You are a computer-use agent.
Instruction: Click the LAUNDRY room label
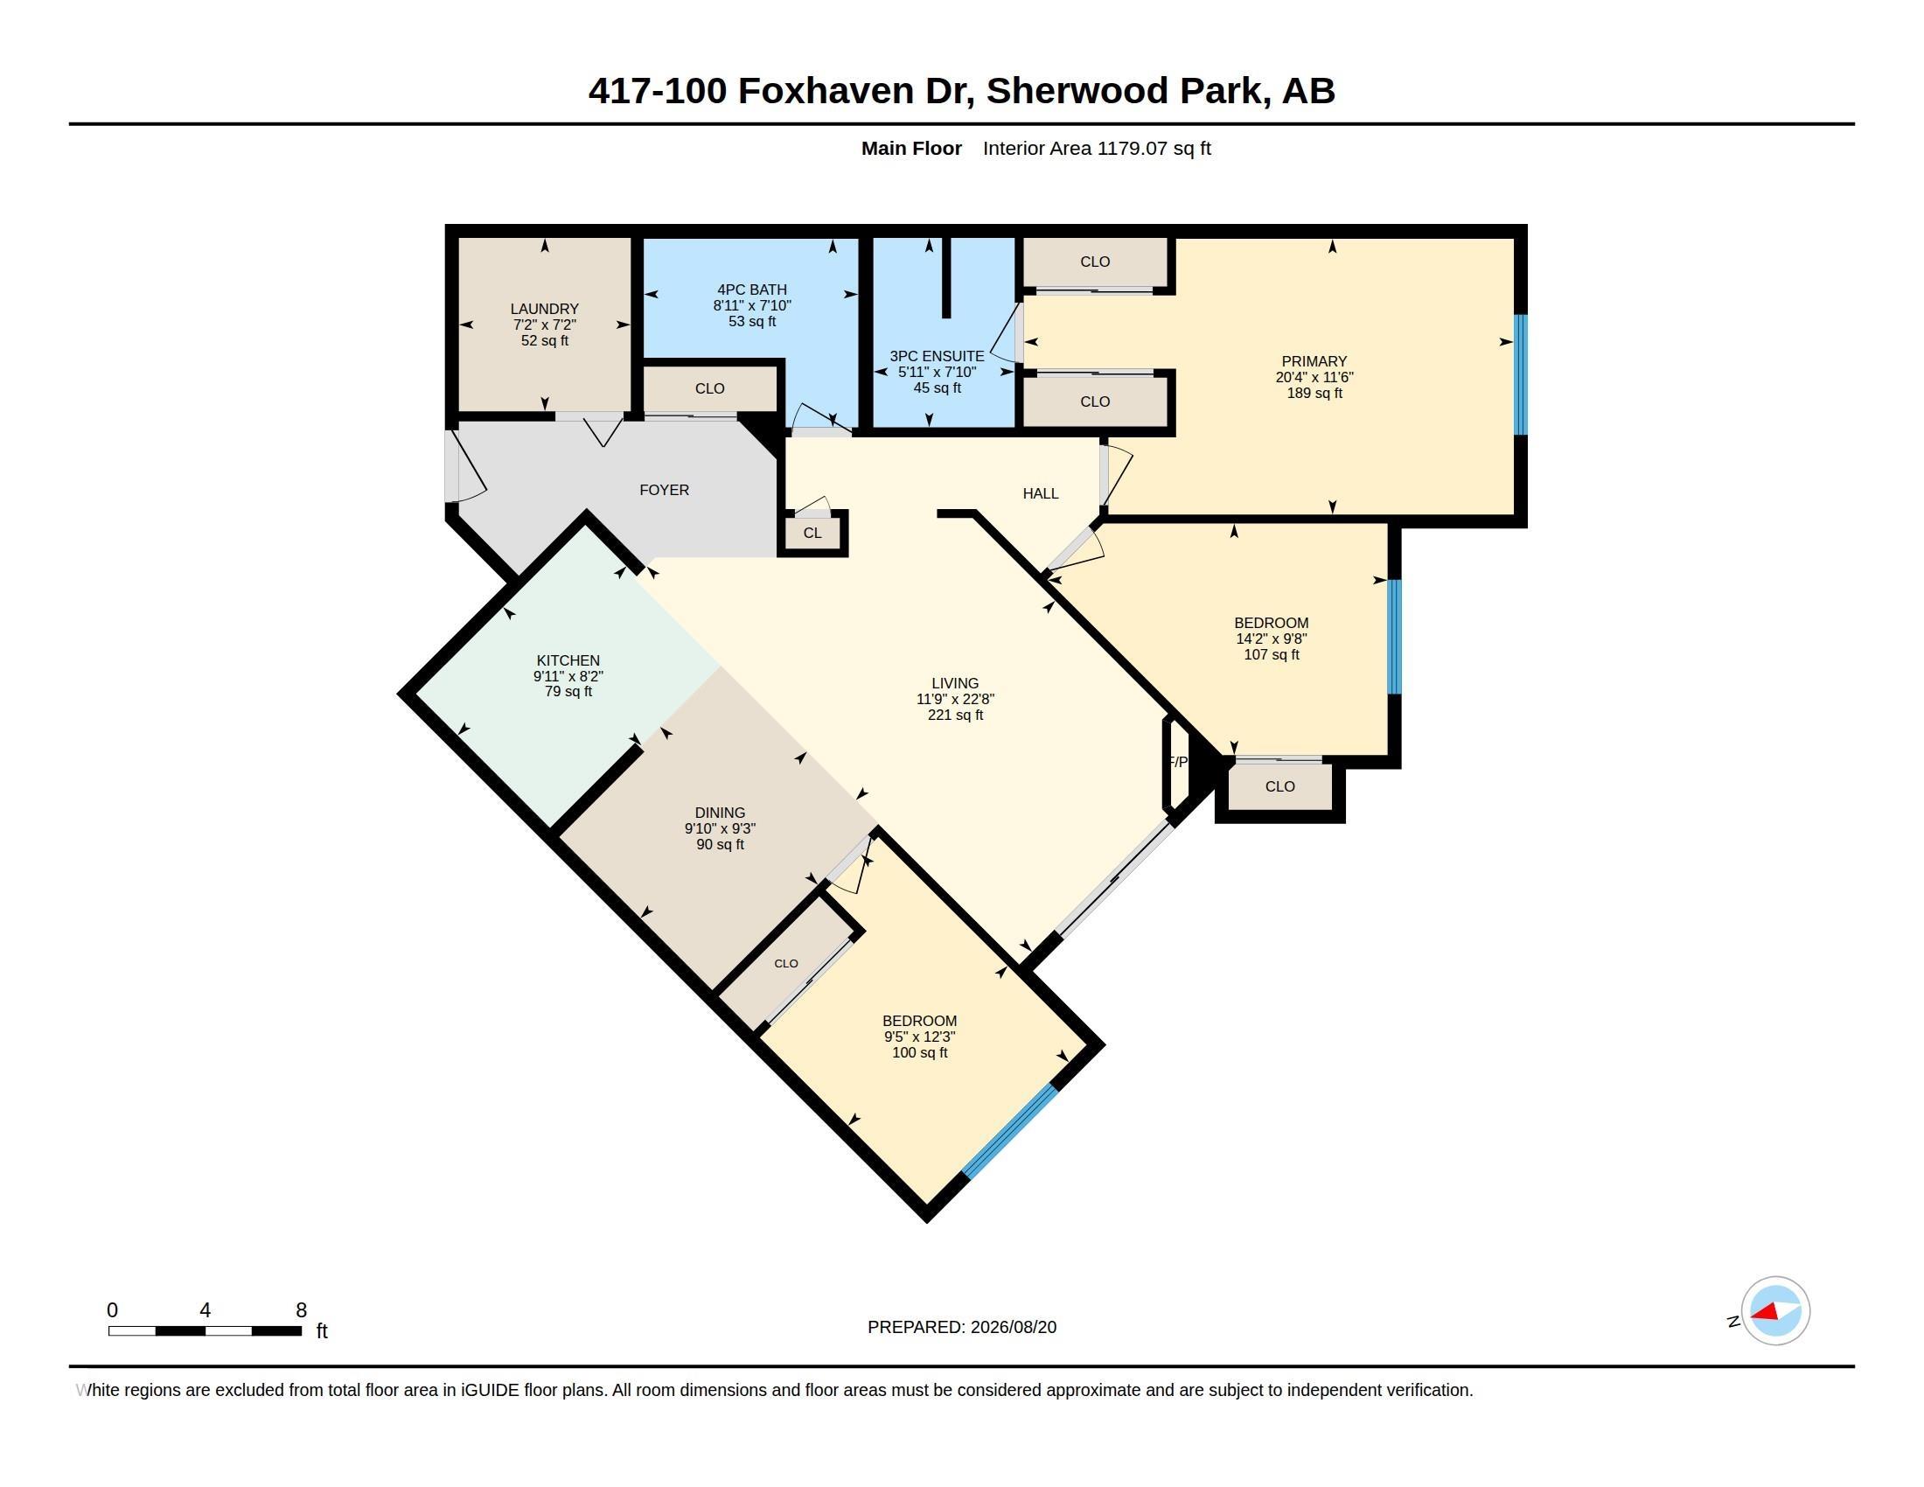tap(545, 308)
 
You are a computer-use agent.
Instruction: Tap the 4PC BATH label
tap(751, 289)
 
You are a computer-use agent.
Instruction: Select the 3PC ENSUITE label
tap(937, 356)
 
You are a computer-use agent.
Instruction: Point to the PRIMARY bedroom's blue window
tap(1521, 374)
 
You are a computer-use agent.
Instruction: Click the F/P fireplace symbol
tap(1177, 762)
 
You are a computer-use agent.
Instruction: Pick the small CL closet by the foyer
tap(812, 533)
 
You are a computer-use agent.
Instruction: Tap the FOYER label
tap(665, 490)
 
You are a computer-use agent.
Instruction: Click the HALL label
tap(1041, 493)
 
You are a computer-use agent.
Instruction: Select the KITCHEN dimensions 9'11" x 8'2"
tap(568, 676)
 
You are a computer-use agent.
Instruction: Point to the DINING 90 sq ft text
tap(720, 845)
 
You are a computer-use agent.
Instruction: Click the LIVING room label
tap(955, 683)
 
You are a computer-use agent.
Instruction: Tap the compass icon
tap(1775, 1311)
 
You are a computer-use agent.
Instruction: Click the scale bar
tap(205, 1330)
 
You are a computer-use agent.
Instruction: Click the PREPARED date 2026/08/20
tap(1013, 1327)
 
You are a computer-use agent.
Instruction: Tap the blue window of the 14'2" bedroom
tap(1395, 637)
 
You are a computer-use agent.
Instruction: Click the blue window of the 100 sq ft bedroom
tap(1009, 1131)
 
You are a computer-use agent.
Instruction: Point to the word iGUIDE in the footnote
tap(490, 1390)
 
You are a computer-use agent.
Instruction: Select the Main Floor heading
tap(911, 148)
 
